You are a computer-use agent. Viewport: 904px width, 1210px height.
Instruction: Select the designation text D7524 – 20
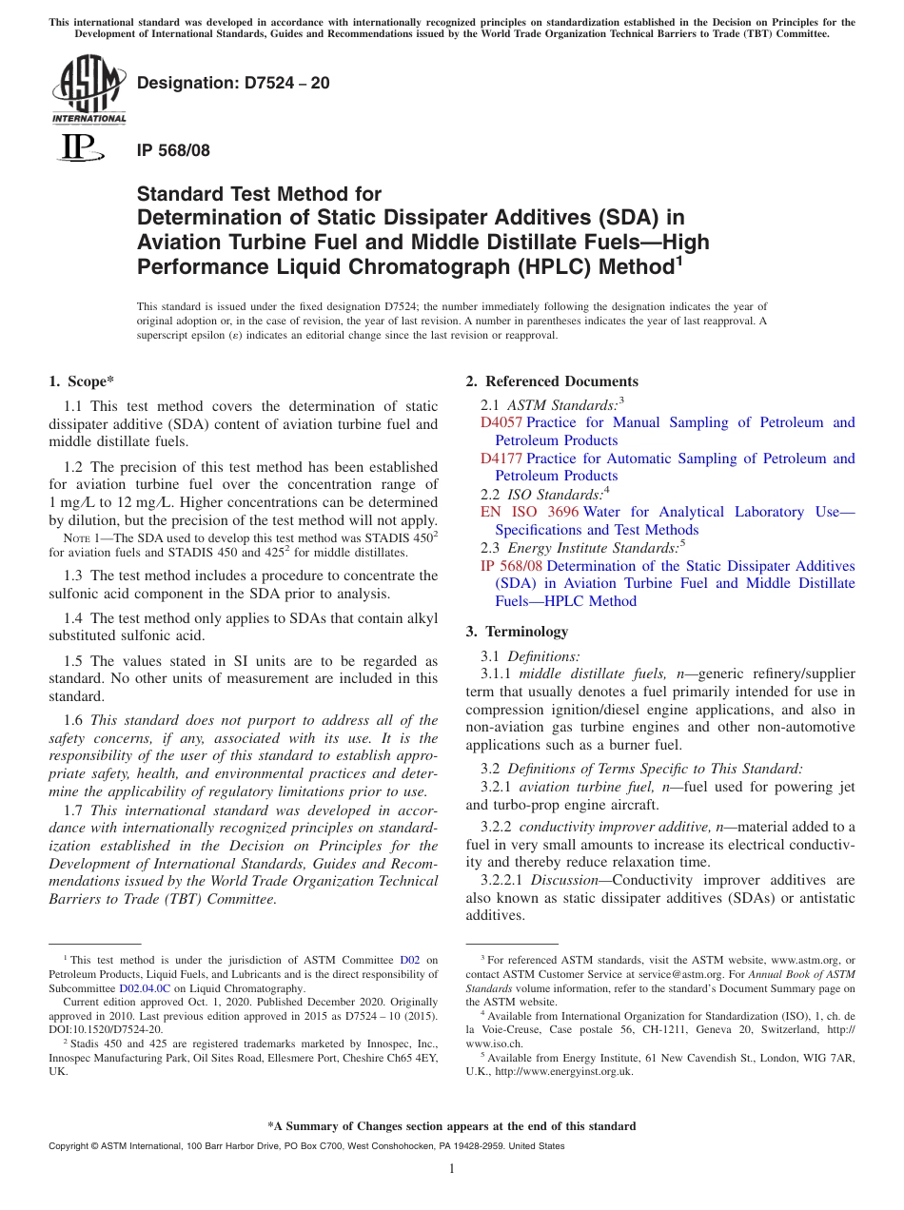(x=233, y=83)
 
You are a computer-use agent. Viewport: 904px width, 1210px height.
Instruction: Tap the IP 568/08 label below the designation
(x=173, y=150)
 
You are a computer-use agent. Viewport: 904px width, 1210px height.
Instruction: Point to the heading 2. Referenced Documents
(x=552, y=381)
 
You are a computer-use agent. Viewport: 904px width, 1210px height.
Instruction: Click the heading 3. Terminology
(x=517, y=632)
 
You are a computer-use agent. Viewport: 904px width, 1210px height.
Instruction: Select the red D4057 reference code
(x=501, y=422)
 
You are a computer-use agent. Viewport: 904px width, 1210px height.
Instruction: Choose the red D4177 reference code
(x=501, y=459)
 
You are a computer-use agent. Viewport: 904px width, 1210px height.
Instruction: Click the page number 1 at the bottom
(x=452, y=1169)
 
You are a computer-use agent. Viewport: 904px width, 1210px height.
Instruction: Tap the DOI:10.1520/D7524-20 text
(x=106, y=1029)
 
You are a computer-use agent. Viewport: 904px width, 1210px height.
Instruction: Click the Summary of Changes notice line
(x=452, y=1126)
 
